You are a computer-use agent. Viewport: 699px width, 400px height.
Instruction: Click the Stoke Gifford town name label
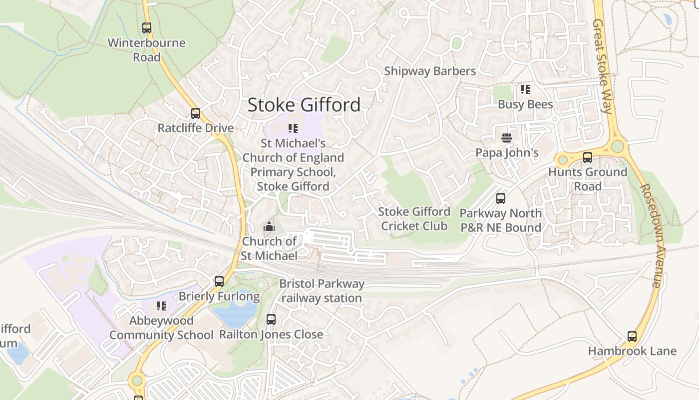coord(304,105)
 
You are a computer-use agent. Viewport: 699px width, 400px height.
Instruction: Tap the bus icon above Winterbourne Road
coord(146,28)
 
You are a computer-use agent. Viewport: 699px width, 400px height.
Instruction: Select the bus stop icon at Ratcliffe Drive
coord(196,113)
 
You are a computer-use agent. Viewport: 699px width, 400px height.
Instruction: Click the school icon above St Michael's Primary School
coord(293,128)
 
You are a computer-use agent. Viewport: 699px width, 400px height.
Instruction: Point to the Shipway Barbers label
coord(429,71)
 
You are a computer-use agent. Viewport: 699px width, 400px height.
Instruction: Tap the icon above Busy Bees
coord(525,89)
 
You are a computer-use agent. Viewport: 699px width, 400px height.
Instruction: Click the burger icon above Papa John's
coord(507,137)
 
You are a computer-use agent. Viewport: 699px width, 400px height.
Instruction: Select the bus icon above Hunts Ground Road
coord(588,157)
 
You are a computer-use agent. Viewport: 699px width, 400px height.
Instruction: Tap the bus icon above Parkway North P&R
coord(501,198)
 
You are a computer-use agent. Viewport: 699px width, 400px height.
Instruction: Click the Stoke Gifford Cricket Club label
coord(414,218)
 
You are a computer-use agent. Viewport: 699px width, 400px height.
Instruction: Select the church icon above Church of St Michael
coord(269,227)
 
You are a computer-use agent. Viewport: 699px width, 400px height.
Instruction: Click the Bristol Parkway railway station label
coord(322,290)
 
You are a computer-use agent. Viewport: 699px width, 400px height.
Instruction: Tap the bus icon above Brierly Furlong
coord(219,281)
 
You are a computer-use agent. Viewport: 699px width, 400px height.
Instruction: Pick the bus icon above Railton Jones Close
coord(271,319)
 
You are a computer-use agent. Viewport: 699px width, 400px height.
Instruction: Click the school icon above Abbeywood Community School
coord(161,305)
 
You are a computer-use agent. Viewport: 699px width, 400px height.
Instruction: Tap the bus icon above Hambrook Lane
coord(632,336)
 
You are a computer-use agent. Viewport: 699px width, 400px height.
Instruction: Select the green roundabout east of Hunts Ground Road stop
coord(618,146)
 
